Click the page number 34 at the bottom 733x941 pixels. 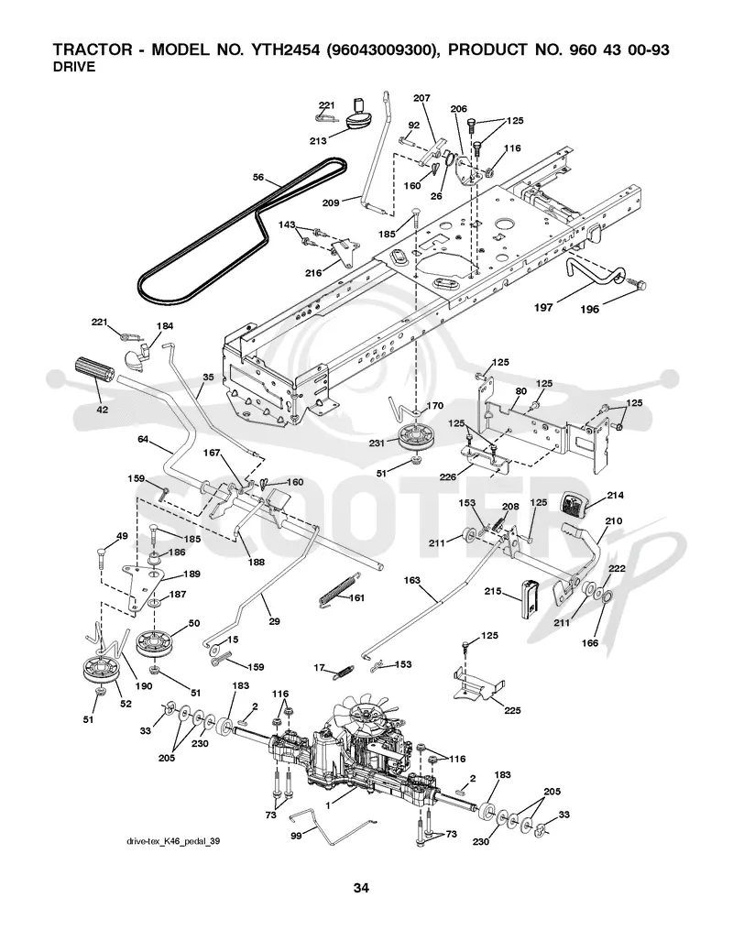click(x=361, y=888)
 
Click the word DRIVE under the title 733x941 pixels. click(x=74, y=67)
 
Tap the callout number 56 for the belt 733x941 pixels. click(x=258, y=177)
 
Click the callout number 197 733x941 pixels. click(x=543, y=307)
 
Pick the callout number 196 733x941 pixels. click(x=589, y=310)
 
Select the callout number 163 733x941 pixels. click(x=411, y=580)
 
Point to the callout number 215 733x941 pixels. click(x=493, y=592)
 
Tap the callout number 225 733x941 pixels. click(x=512, y=710)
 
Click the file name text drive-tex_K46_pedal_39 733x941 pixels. click(x=173, y=841)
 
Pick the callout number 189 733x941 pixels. click(x=191, y=574)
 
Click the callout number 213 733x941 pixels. click(x=318, y=140)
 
